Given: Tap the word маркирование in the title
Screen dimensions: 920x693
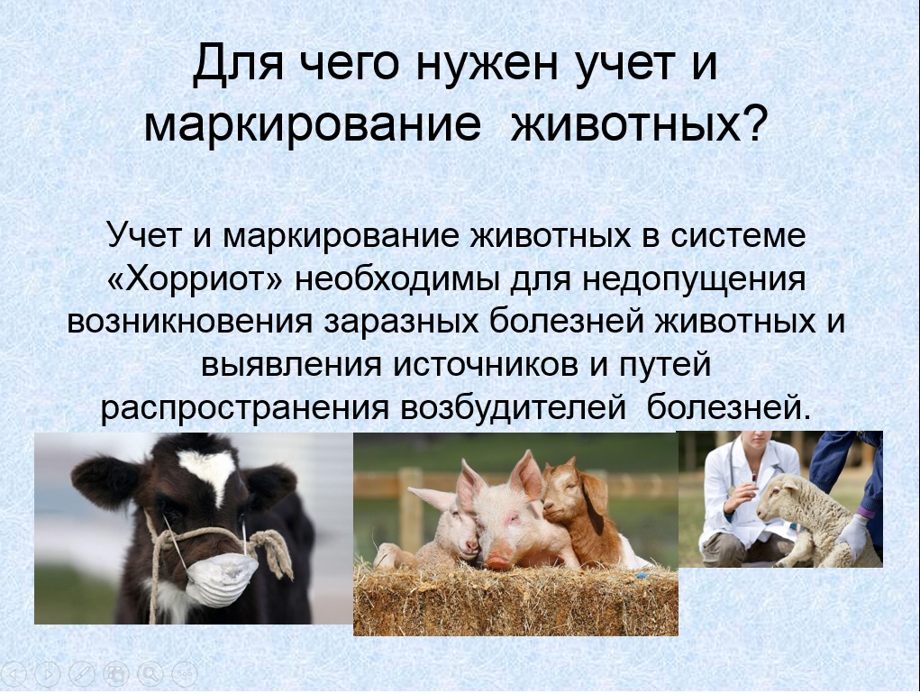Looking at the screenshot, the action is pos(313,123).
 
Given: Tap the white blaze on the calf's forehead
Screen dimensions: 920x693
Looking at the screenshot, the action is pos(208,470).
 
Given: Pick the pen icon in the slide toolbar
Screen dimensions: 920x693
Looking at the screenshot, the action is pos(82,674).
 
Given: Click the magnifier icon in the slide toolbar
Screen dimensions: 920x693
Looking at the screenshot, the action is pos(150,674).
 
